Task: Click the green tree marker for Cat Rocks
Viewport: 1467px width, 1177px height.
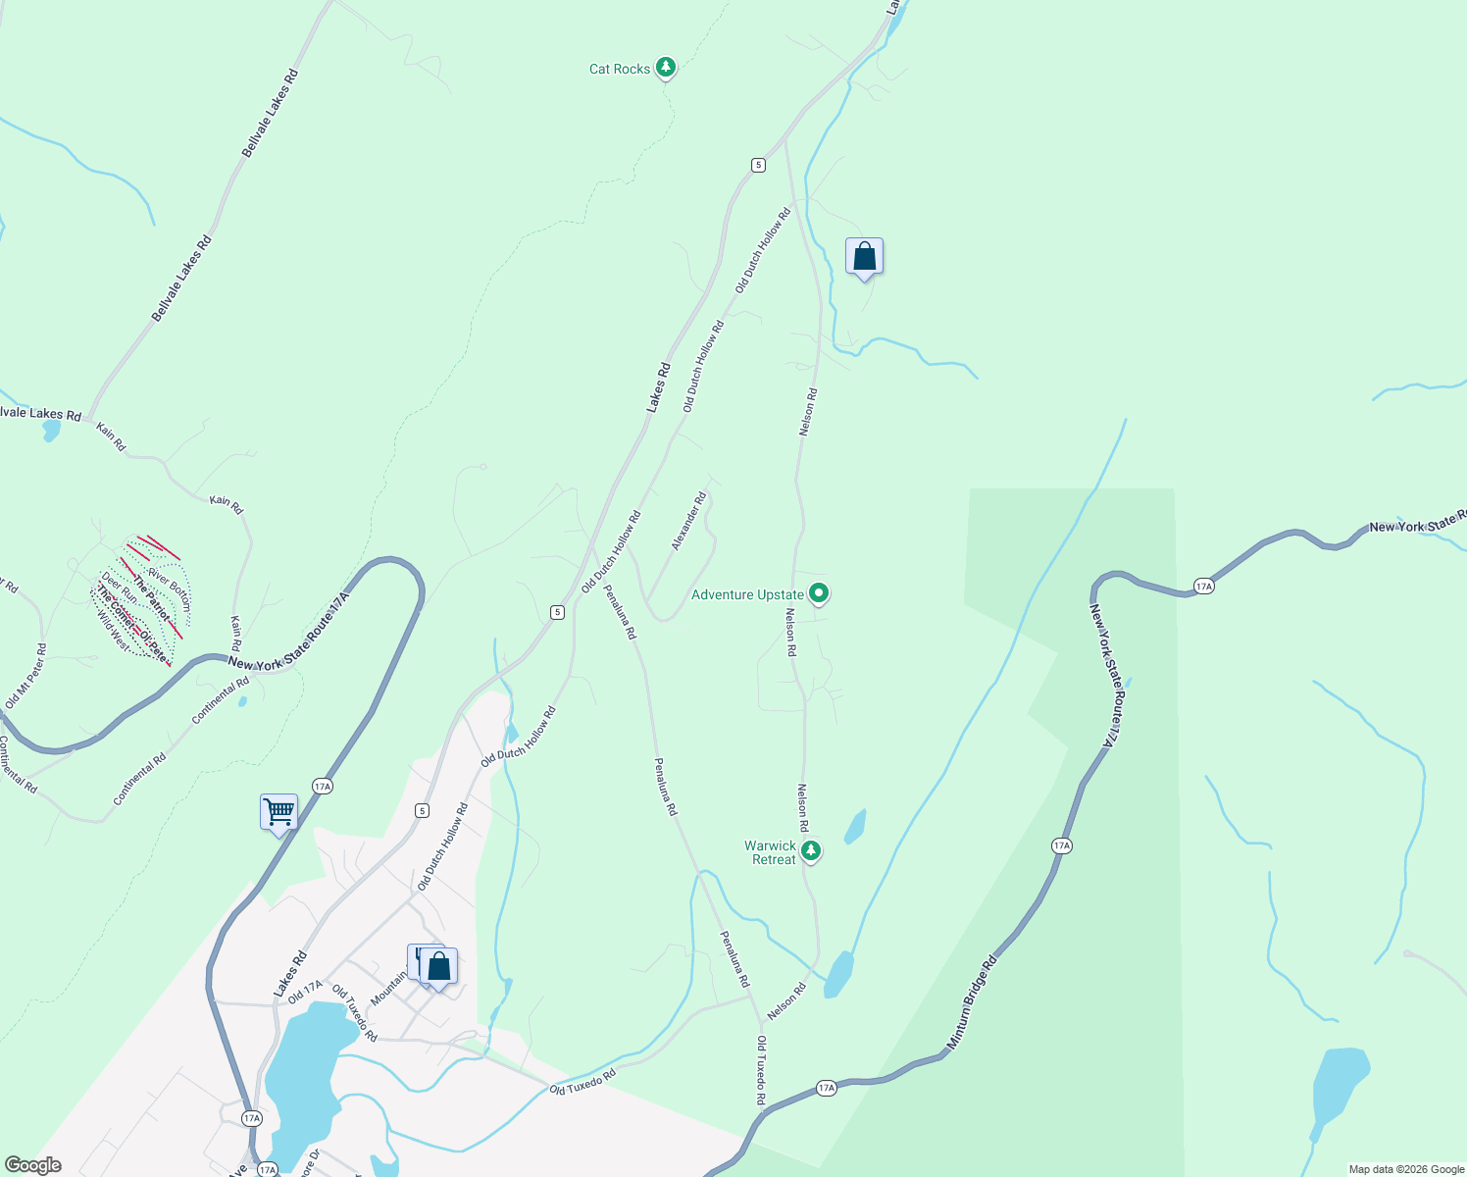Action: pos(667,67)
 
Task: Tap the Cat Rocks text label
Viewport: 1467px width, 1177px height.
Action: pos(619,69)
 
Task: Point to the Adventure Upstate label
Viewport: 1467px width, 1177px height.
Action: pos(747,594)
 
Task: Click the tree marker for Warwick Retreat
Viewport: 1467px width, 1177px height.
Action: pos(811,850)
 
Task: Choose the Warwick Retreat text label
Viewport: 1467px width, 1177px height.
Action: pos(771,852)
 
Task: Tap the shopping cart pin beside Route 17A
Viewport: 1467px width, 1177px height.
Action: pos(278,813)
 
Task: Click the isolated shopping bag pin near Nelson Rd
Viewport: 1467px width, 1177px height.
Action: pos(864,257)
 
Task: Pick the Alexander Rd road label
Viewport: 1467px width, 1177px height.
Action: pos(688,521)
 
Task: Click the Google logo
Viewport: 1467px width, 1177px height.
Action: pos(33,1165)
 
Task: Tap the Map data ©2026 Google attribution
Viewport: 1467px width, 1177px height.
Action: pos(1406,1169)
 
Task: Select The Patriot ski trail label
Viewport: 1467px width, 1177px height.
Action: pos(151,599)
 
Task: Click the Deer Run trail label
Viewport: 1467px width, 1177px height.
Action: pos(120,588)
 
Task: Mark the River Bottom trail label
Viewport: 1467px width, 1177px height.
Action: pos(169,588)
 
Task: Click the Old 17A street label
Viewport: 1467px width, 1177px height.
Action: pos(305,992)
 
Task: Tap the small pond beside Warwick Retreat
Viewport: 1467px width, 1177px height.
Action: pos(855,826)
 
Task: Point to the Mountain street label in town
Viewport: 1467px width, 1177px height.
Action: pos(388,988)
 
